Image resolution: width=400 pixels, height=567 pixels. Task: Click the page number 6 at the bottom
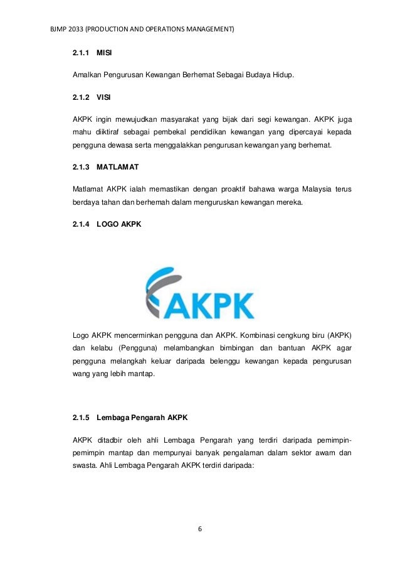200,527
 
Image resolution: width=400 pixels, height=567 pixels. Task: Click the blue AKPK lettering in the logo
209,306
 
